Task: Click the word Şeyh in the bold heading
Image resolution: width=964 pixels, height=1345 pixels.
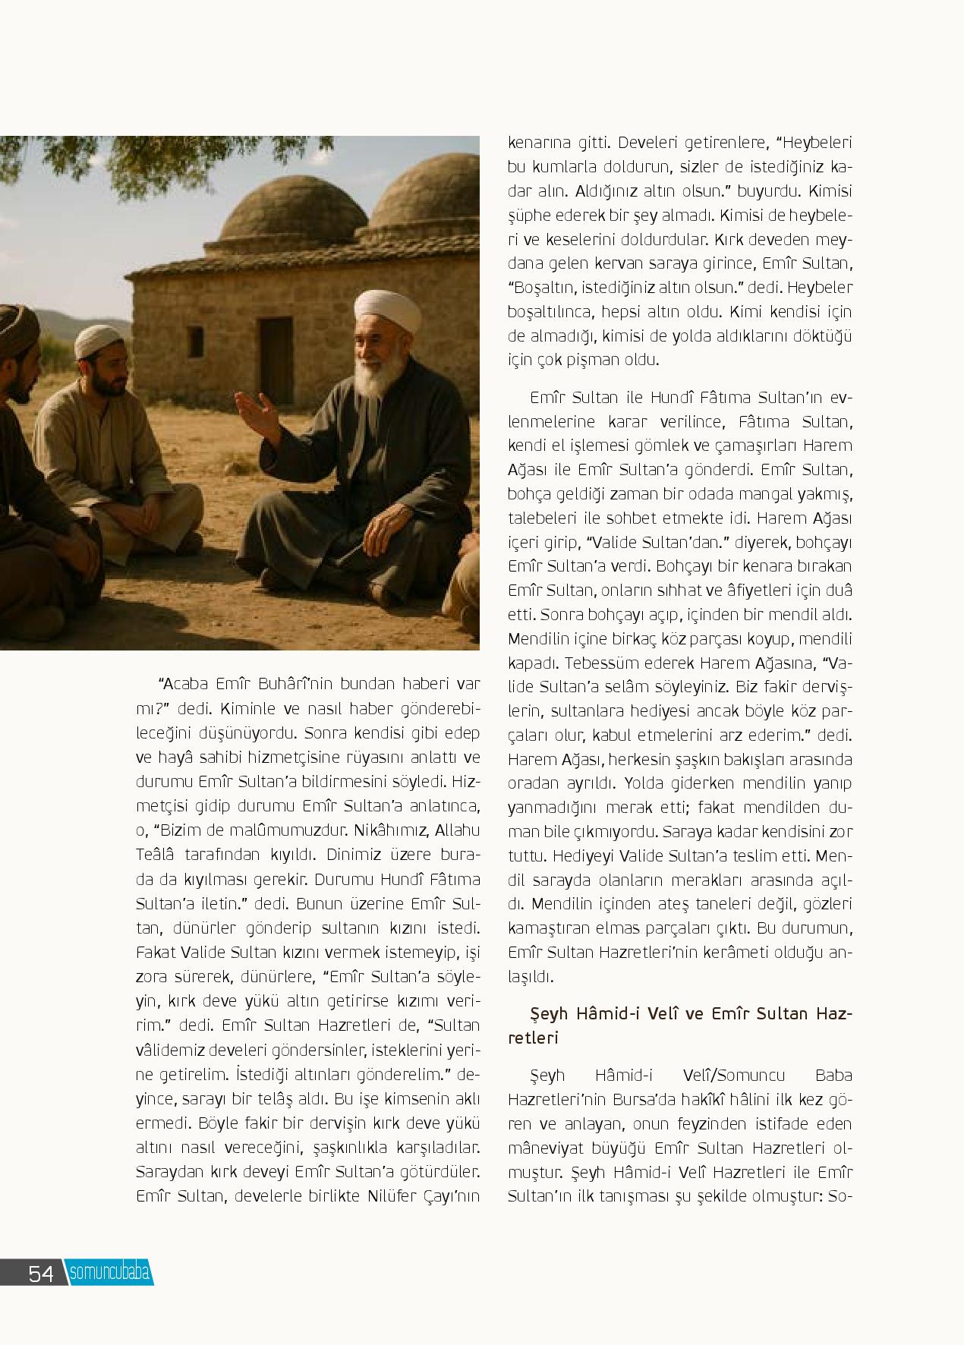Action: click(x=549, y=1013)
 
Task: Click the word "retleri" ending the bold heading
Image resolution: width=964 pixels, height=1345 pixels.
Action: click(x=533, y=1038)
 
